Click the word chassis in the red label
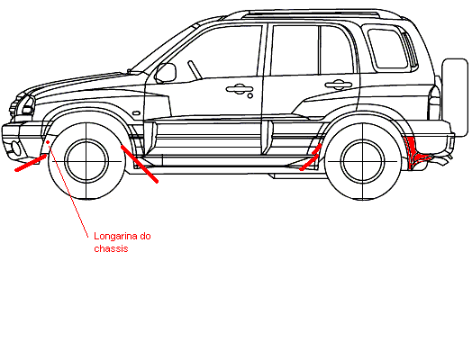pyautogui.click(x=111, y=248)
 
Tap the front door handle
pyautogui.click(x=240, y=89)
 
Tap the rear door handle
pyautogui.click(x=338, y=85)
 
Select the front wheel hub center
pyautogui.click(x=86, y=161)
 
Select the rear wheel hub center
pyautogui.click(x=362, y=161)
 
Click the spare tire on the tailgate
pyautogui.click(x=455, y=98)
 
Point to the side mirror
pyautogui.click(x=166, y=73)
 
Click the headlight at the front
pyautogui.click(x=26, y=105)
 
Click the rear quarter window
pyautogui.click(x=388, y=49)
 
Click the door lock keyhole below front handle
pyautogui.click(x=250, y=96)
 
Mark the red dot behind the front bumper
pyautogui.click(x=48, y=142)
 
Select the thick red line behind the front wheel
pyautogui.click(x=140, y=164)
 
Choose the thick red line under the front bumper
pyautogui.click(x=31, y=163)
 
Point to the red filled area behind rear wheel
pyautogui.click(x=415, y=152)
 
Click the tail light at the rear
pyautogui.click(x=434, y=102)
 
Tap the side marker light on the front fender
pyautogui.click(x=136, y=113)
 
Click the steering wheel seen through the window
pyautogui.click(x=195, y=70)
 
